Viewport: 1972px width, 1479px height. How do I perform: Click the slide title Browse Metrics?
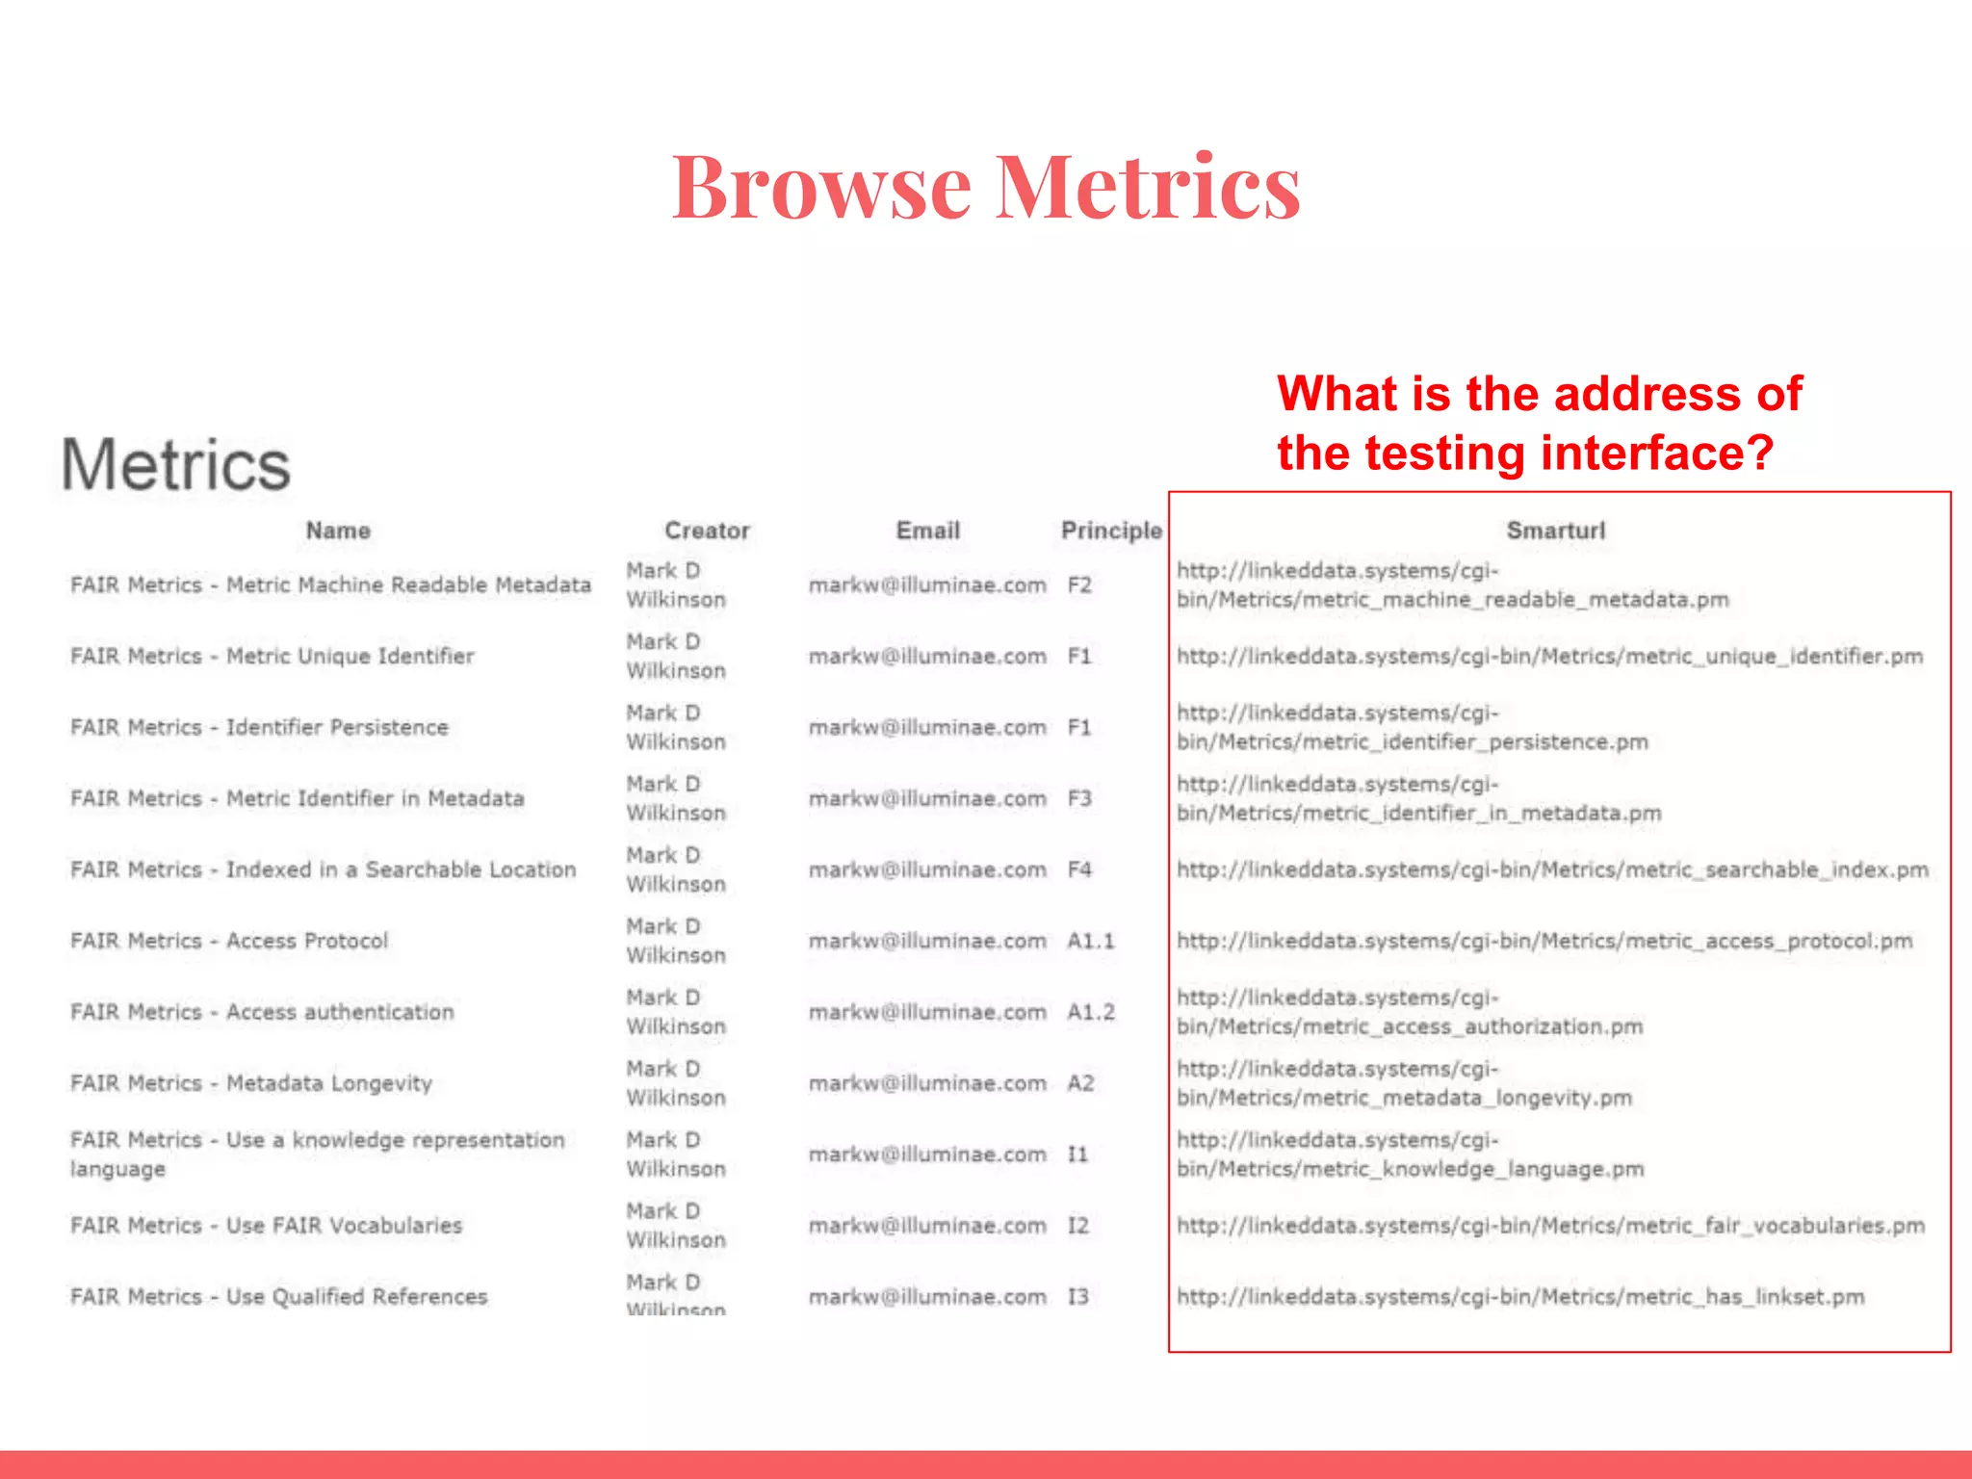tap(986, 187)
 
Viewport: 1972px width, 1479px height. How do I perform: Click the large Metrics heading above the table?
tap(176, 465)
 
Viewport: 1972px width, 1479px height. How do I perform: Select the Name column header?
tap(338, 531)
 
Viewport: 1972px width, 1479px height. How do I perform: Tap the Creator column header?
tap(707, 531)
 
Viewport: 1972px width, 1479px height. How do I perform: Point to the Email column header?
tap(927, 531)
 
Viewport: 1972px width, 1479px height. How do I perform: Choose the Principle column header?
tap(1111, 531)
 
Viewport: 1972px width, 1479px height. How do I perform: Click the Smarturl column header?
tap(1555, 531)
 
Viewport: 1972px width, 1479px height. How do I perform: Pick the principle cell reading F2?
tap(1079, 585)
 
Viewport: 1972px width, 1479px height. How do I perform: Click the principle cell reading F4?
tap(1079, 869)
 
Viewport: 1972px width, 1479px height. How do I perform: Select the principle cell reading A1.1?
tap(1090, 941)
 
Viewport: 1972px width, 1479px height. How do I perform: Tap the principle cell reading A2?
tap(1080, 1083)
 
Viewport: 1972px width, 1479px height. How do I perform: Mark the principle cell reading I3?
tap(1077, 1297)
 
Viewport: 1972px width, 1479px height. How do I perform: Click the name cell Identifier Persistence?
tap(259, 728)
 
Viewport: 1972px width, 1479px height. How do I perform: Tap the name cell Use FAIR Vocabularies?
tap(266, 1226)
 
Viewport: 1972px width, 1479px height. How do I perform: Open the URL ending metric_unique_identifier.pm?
tap(1549, 657)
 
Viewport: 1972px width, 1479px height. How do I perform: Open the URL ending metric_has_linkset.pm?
tap(1520, 1297)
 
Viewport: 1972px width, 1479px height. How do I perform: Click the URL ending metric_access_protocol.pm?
tap(1544, 941)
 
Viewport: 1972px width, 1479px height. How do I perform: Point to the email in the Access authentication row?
tap(927, 1012)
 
